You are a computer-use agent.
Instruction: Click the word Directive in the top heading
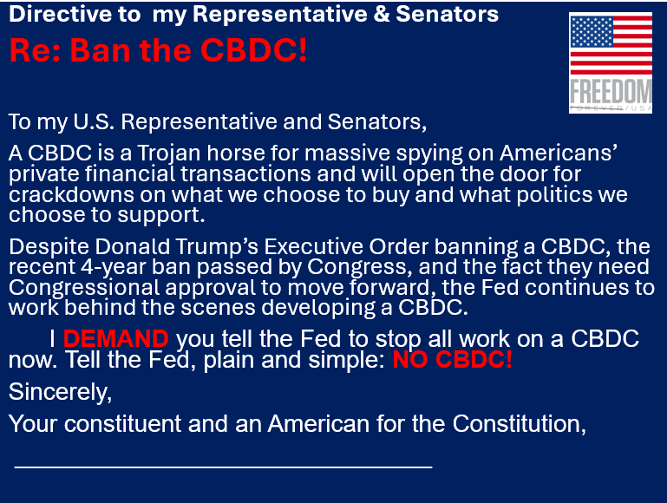point(61,14)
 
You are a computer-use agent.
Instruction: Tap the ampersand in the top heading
point(382,14)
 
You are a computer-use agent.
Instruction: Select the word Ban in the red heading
point(101,50)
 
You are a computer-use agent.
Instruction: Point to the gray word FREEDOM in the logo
point(611,91)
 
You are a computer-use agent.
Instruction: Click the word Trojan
point(168,154)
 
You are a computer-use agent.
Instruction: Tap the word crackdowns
point(71,195)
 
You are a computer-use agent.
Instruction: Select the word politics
point(554,196)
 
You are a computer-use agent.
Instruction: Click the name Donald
point(133,246)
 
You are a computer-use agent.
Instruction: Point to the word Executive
point(313,246)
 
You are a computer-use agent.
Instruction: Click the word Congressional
point(84,288)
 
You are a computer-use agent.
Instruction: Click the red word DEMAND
point(116,339)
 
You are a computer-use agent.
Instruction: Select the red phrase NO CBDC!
point(452,360)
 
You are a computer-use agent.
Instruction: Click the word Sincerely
point(60,392)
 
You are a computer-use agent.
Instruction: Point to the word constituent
point(122,424)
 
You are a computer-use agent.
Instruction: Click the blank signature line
point(223,467)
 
